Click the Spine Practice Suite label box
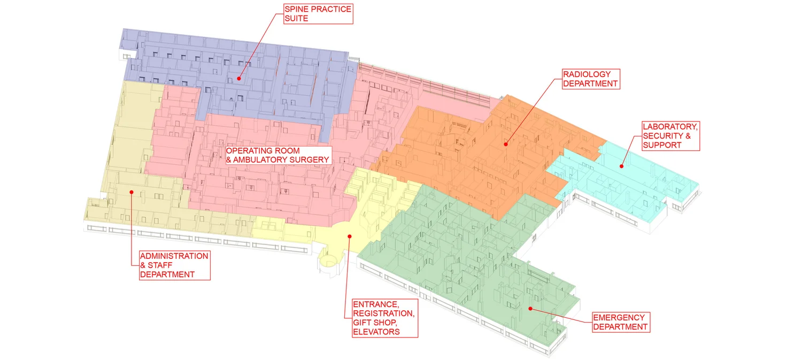(x=318, y=14)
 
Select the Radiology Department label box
(x=591, y=79)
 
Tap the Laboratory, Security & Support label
(x=670, y=136)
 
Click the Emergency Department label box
(x=621, y=323)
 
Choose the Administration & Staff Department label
(x=174, y=265)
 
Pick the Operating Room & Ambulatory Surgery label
(x=277, y=155)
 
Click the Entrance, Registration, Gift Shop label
(x=383, y=318)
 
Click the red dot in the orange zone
(x=505, y=143)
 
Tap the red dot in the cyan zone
(x=622, y=166)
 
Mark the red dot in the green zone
(x=530, y=308)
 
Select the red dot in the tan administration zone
(x=131, y=192)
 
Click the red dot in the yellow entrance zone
(x=349, y=235)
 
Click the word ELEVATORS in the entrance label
(x=376, y=332)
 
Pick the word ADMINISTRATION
(x=174, y=256)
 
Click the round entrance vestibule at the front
(x=327, y=263)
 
